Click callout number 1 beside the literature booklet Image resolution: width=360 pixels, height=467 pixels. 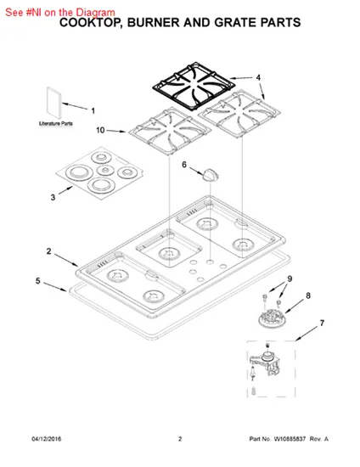(x=93, y=110)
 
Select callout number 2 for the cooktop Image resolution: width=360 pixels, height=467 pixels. (x=49, y=251)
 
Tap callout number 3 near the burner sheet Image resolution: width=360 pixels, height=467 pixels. (x=53, y=198)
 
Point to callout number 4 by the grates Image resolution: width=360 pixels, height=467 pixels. (x=258, y=77)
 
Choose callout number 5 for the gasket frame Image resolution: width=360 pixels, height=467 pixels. (x=38, y=281)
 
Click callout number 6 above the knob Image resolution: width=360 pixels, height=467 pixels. (x=184, y=165)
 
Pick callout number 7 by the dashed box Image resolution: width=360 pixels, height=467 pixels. (x=322, y=323)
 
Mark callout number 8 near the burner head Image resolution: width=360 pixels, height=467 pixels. (x=308, y=295)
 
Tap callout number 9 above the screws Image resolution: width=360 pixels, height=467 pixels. (x=290, y=279)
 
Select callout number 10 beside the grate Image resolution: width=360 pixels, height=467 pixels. (x=100, y=130)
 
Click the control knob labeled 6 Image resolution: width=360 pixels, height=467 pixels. (x=211, y=175)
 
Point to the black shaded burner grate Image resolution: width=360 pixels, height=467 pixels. (x=194, y=87)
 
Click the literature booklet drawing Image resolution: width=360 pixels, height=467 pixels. (x=53, y=103)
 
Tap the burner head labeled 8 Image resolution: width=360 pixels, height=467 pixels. (x=273, y=318)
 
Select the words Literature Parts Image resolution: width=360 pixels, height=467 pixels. (x=56, y=123)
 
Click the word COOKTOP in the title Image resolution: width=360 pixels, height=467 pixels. (x=91, y=23)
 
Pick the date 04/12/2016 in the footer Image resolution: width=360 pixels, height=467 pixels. (x=47, y=439)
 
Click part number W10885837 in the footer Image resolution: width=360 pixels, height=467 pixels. (x=290, y=439)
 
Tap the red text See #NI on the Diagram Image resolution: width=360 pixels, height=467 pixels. (x=60, y=13)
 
